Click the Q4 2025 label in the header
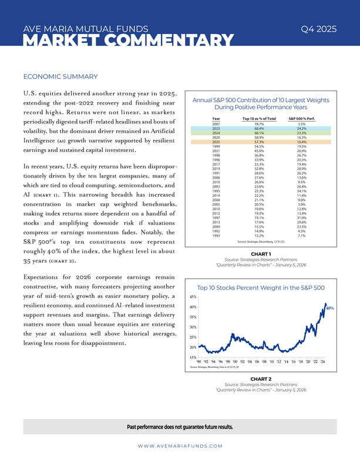tap(318, 29)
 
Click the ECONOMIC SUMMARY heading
tap(60, 76)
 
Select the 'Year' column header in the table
tap(216, 119)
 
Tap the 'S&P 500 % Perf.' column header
tap(301, 119)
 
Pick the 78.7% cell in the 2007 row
tap(258, 124)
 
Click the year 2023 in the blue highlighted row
tap(216, 129)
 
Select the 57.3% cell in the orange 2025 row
tap(258, 142)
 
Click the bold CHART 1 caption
tap(260, 254)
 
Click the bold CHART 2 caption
tap(260, 379)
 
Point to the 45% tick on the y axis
tap(193, 297)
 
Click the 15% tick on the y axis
tap(193, 357)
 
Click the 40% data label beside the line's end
tap(329, 308)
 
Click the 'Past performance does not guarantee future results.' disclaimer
tap(180, 427)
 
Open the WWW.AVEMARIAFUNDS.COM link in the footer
tap(180, 446)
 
